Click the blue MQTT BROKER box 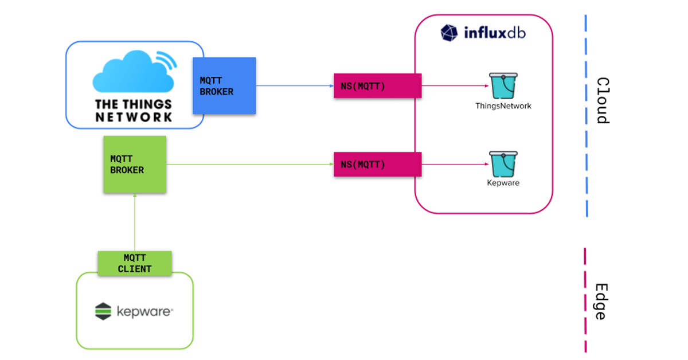[224, 85]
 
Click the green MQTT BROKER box [135, 164]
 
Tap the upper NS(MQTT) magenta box [378, 86]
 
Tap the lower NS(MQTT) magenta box [378, 165]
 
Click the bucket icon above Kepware [503, 165]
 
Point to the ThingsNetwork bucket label [503, 106]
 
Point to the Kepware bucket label [503, 183]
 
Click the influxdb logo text [494, 33]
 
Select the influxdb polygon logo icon [449, 33]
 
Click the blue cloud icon [133, 73]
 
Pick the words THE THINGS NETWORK [134, 111]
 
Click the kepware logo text [144, 312]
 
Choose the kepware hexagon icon [103, 311]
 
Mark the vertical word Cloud [602, 101]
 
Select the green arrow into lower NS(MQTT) [249, 165]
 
